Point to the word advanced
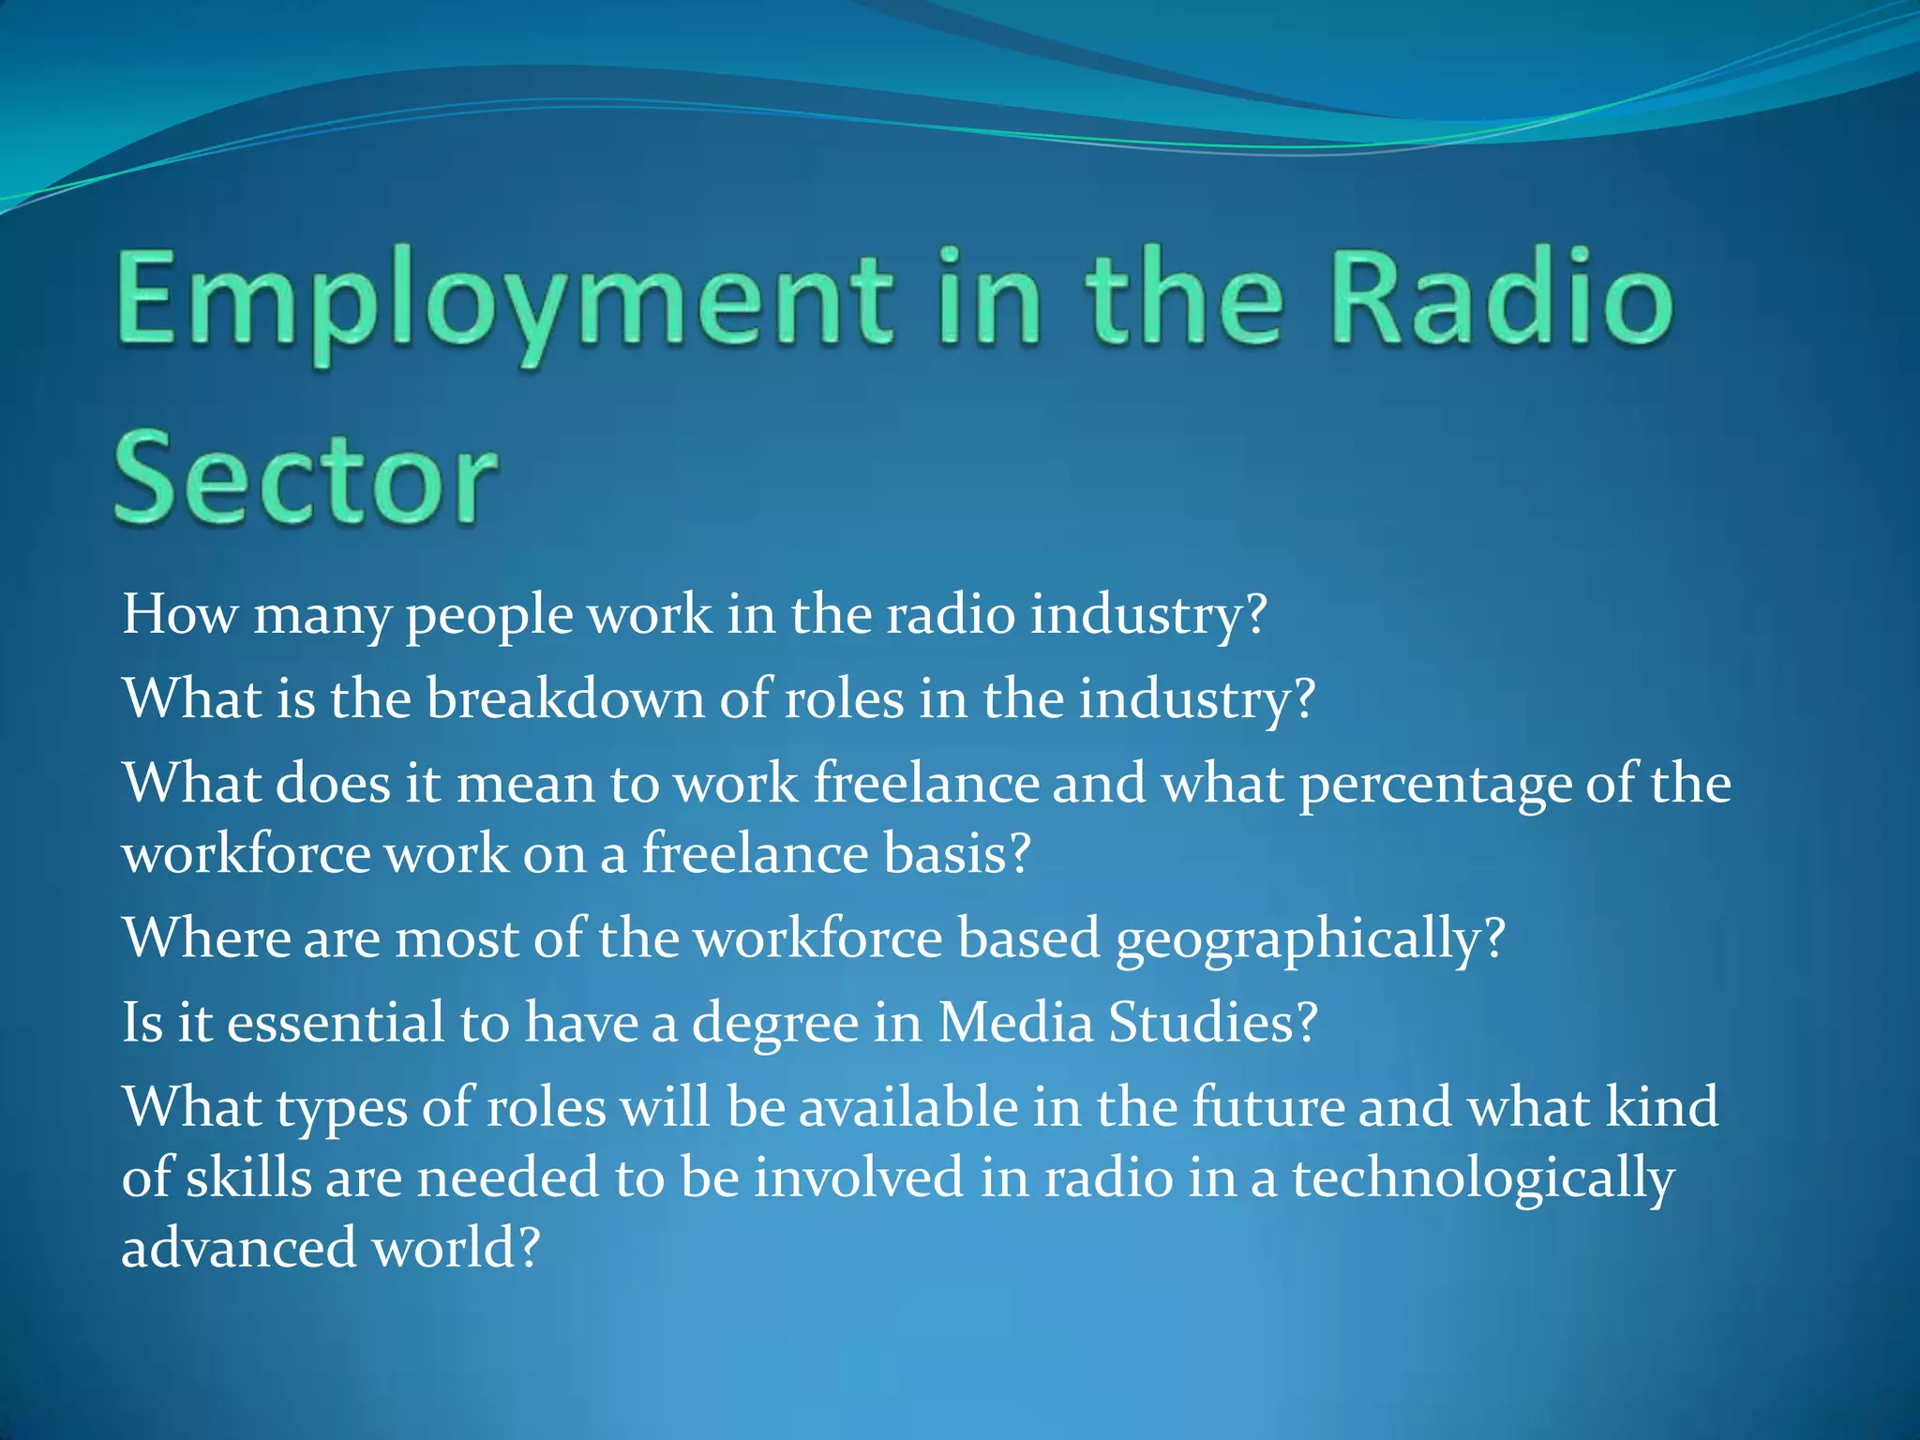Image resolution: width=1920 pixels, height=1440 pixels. (239, 1249)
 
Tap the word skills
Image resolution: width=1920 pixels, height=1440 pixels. (248, 1177)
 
